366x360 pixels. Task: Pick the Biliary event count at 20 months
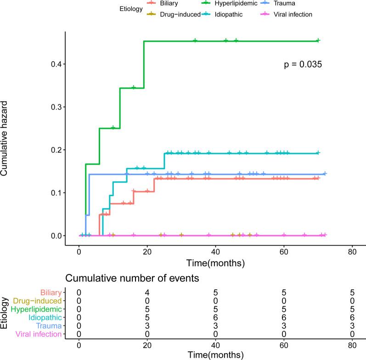click(147, 292)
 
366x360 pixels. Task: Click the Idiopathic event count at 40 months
click(216, 317)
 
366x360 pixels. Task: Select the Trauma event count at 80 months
click(352, 326)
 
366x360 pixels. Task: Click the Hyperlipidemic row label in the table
click(39, 309)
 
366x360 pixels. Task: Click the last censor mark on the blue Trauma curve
click(325, 174)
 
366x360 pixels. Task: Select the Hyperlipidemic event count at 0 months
click(79, 309)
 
